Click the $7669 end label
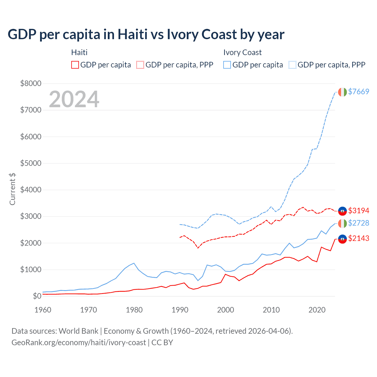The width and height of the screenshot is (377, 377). click(x=358, y=92)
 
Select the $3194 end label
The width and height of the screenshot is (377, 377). click(x=358, y=211)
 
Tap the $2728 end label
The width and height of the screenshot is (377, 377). click(x=358, y=223)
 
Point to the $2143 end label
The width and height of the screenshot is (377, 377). click(x=358, y=238)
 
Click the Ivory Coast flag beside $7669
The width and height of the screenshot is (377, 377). click(x=342, y=92)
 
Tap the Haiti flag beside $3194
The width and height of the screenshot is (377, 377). click(x=342, y=211)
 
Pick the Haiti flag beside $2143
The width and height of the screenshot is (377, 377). click(x=342, y=239)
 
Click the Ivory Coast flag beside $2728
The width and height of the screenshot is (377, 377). click(x=342, y=224)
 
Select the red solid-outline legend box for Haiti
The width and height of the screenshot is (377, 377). click(x=75, y=65)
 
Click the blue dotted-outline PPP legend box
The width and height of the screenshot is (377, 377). click(x=292, y=65)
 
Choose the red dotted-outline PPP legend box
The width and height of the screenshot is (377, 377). click(x=140, y=65)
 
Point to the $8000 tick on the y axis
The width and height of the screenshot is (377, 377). click(x=31, y=83)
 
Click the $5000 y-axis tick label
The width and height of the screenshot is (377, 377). click(x=31, y=163)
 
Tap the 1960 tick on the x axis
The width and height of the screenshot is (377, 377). click(x=43, y=310)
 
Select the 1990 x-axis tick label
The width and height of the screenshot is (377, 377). click(x=180, y=310)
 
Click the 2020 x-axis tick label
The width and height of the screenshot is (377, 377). click(x=317, y=310)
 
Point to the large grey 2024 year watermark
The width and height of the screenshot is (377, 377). click(x=74, y=99)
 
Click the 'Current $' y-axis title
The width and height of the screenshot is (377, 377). click(x=12, y=189)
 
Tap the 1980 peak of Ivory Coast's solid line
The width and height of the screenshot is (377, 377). click(x=134, y=263)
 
